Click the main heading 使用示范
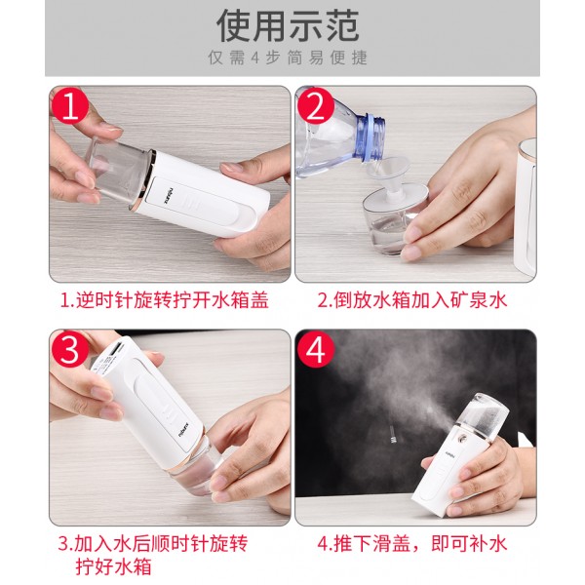coord(288,25)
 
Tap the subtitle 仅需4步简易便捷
coord(288,58)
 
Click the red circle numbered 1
coord(69,106)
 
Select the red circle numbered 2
coord(316,106)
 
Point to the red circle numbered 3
coord(69,350)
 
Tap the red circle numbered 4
coord(316,350)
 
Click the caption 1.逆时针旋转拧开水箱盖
coord(165,300)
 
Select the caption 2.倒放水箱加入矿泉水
coord(412,300)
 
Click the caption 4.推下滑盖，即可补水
coord(412,544)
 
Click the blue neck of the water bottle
coord(370,138)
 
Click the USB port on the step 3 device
coord(116,350)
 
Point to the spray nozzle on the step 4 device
coord(459,434)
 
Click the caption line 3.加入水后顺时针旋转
coord(153,544)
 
